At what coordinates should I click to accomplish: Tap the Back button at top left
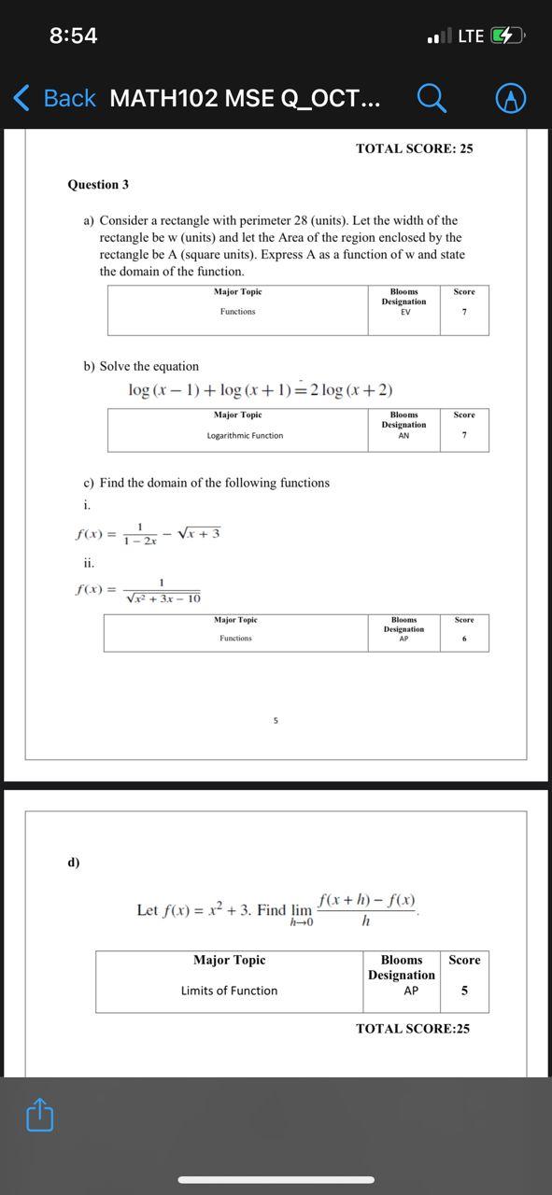pos(55,98)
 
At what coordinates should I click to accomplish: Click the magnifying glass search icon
pos(431,97)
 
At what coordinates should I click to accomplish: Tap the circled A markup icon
pos(510,98)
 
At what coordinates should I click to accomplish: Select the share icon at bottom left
pos(39,1115)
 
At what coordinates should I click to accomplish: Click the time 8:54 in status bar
pos(73,35)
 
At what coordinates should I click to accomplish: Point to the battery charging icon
pos(505,35)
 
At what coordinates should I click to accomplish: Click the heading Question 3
pos(98,185)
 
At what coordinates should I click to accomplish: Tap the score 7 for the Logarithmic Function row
pos(464,435)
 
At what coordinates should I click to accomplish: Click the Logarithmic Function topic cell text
pos(245,435)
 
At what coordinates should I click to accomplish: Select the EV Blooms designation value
pos(405,312)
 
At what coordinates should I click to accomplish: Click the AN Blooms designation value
pos(403,435)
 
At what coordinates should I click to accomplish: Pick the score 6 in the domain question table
pos(464,639)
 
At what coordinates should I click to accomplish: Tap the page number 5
pos(276,721)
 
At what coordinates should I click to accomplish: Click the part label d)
pos(74,862)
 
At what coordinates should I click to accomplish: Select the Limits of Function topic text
pos(229,991)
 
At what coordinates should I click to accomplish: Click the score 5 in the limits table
pos(464,991)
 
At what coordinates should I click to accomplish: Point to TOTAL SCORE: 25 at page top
pos(414,148)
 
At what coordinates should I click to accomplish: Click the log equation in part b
pos(261,389)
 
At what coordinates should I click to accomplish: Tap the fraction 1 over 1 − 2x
pos(139,534)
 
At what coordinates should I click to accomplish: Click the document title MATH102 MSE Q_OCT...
pos(245,98)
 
